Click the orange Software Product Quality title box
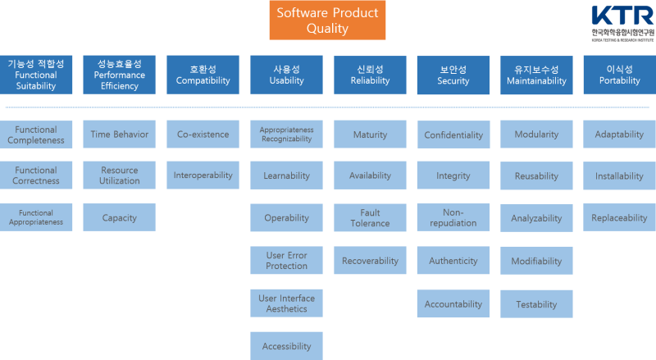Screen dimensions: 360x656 coord(328,21)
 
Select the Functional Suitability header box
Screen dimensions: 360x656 coord(36,75)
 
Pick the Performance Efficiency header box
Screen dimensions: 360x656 coord(120,75)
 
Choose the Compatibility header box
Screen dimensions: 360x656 coord(203,75)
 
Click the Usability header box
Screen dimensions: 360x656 coord(287,75)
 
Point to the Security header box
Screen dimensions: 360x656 coord(453,75)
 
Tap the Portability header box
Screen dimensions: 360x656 coord(620,75)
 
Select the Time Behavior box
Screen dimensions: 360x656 coord(120,134)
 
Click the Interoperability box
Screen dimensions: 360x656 coord(203,175)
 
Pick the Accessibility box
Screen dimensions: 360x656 coord(287,346)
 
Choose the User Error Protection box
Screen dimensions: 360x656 coord(287,261)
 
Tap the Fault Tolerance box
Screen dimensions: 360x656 coord(370,218)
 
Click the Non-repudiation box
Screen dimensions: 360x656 coord(453,217)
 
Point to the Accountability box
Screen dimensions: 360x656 coord(453,304)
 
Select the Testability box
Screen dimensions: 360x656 coord(537,304)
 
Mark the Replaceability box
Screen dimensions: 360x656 coord(620,218)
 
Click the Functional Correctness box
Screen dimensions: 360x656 coord(36,175)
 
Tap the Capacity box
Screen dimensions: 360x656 coord(120,218)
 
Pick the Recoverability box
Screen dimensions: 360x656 coord(370,261)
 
